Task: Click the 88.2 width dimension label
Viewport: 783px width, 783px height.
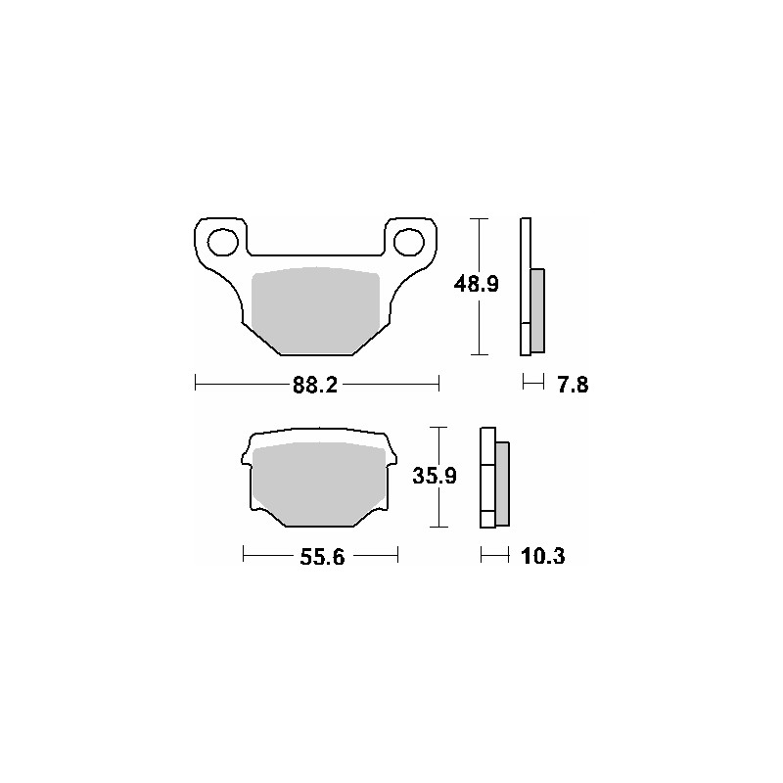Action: pyautogui.click(x=315, y=385)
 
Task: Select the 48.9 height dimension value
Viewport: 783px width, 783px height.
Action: pyautogui.click(x=477, y=285)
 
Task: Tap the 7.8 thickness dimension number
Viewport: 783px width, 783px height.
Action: pyautogui.click(x=572, y=385)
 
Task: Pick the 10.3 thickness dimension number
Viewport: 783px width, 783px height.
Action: pyautogui.click(x=543, y=557)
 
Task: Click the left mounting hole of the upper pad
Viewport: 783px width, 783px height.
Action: pyautogui.click(x=225, y=241)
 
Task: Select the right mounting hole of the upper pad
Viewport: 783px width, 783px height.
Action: pyautogui.click(x=410, y=241)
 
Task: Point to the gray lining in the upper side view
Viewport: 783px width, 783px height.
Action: pyautogui.click(x=537, y=310)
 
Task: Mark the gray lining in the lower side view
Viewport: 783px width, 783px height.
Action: pyautogui.click(x=503, y=483)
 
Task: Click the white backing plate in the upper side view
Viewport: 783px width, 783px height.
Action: pyautogui.click(x=525, y=284)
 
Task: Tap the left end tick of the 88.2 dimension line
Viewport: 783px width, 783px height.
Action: pyautogui.click(x=196, y=384)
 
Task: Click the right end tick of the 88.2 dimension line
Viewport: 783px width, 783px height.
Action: pyautogui.click(x=439, y=384)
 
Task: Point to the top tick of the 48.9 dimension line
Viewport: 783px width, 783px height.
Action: pyautogui.click(x=477, y=218)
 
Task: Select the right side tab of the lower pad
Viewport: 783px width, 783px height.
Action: pyautogui.click(x=391, y=457)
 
